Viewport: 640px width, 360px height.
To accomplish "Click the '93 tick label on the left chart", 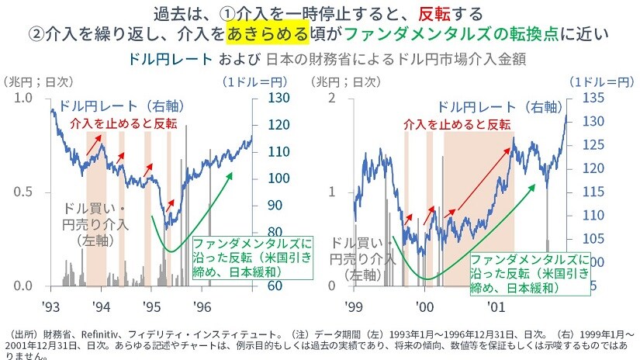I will coord(51,306).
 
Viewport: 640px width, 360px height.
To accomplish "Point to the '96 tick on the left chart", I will coord(202,306).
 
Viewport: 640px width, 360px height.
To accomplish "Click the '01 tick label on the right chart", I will coord(496,306).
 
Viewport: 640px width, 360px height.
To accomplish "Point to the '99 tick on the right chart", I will coord(355,306).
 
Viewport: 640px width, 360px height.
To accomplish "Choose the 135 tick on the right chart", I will coord(592,98).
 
